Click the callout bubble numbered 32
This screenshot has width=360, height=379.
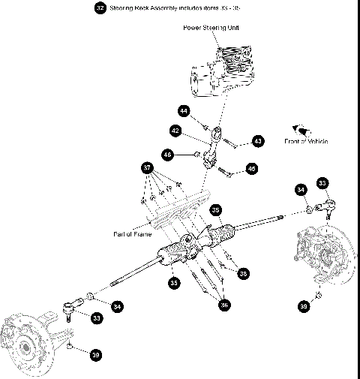pyautogui.click(x=100, y=8)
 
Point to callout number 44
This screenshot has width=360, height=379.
pyautogui.click(x=184, y=110)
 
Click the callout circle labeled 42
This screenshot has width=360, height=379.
pyautogui.click(x=175, y=131)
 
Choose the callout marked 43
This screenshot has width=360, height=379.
pyautogui.click(x=258, y=140)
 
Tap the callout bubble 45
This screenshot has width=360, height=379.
pyautogui.click(x=251, y=170)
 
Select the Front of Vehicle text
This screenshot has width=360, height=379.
pyautogui.click(x=306, y=141)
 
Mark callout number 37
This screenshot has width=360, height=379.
pyautogui.click(x=147, y=167)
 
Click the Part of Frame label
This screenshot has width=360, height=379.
pyautogui.click(x=133, y=233)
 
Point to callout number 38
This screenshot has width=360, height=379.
pyautogui.click(x=242, y=274)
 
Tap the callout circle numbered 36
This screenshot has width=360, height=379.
pyautogui.click(x=222, y=305)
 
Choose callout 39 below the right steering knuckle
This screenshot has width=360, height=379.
pyautogui.click(x=303, y=306)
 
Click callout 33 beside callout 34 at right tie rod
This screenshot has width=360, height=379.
pyautogui.click(x=322, y=182)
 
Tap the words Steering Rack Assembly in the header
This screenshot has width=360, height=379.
pyautogui.click(x=146, y=8)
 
